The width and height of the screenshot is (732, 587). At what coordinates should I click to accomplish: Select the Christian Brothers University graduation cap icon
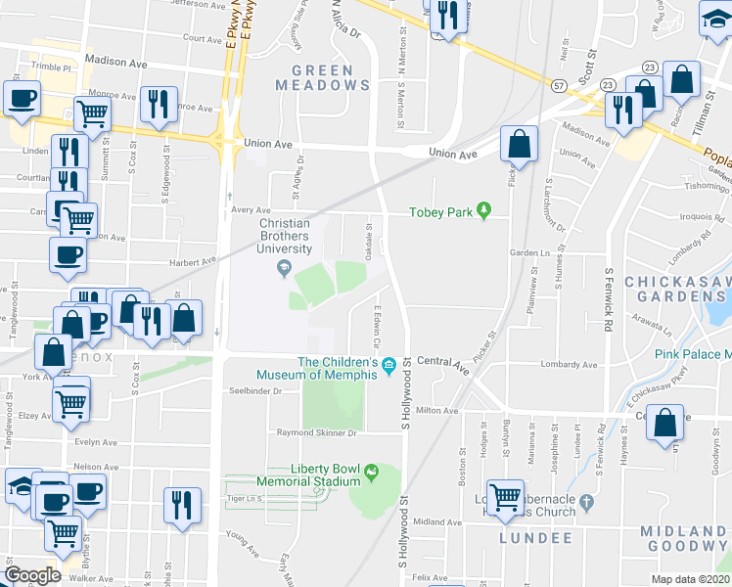coord(285,268)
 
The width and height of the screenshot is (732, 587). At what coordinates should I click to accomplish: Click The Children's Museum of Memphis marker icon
coord(389,366)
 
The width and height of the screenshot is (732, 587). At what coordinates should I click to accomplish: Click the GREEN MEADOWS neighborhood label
coord(332,76)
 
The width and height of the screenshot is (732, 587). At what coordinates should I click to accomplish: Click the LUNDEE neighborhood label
coord(535,538)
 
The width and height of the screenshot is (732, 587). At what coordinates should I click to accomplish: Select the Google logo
coord(32,575)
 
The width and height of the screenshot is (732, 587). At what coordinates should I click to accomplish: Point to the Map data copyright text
coord(691,579)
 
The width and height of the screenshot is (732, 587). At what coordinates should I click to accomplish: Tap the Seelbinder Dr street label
coord(257,391)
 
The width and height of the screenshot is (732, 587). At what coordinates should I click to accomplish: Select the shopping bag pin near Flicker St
coord(520,145)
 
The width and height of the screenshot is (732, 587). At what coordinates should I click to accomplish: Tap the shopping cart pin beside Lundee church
coord(505,499)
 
